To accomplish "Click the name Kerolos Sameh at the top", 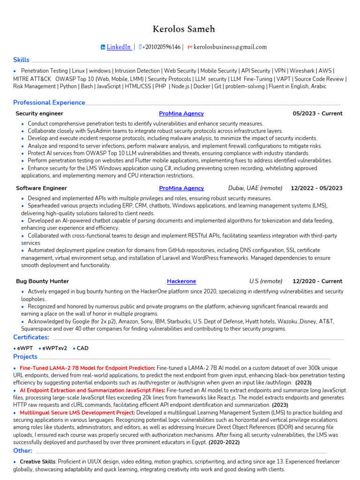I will pos(180,29).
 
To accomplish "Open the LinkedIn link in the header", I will pos(119,47).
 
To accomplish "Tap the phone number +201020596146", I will pos(161,47).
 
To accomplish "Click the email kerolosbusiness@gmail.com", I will pos(230,47).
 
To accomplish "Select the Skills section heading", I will pos(21,60).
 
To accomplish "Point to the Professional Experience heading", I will pos(49,102).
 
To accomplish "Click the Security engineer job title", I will pos(39,113).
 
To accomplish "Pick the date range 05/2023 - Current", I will pos(317,113).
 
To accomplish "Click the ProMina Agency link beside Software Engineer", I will pos(181,188).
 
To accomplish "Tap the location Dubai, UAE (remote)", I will pos(255,188).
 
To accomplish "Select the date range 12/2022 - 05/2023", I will pos(316,188).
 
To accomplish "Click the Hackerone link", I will pos(181,281).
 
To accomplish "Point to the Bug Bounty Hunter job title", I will pos(42,281).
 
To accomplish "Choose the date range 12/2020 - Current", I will pos(317,281).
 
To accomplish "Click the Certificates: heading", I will pos(31,337).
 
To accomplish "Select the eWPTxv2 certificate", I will pos(54,348).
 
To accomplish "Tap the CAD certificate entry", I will pos(82,348).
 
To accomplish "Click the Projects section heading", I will pos(25,357).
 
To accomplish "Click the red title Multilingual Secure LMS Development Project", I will pos(77,412).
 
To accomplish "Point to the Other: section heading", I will pos(22,450).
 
